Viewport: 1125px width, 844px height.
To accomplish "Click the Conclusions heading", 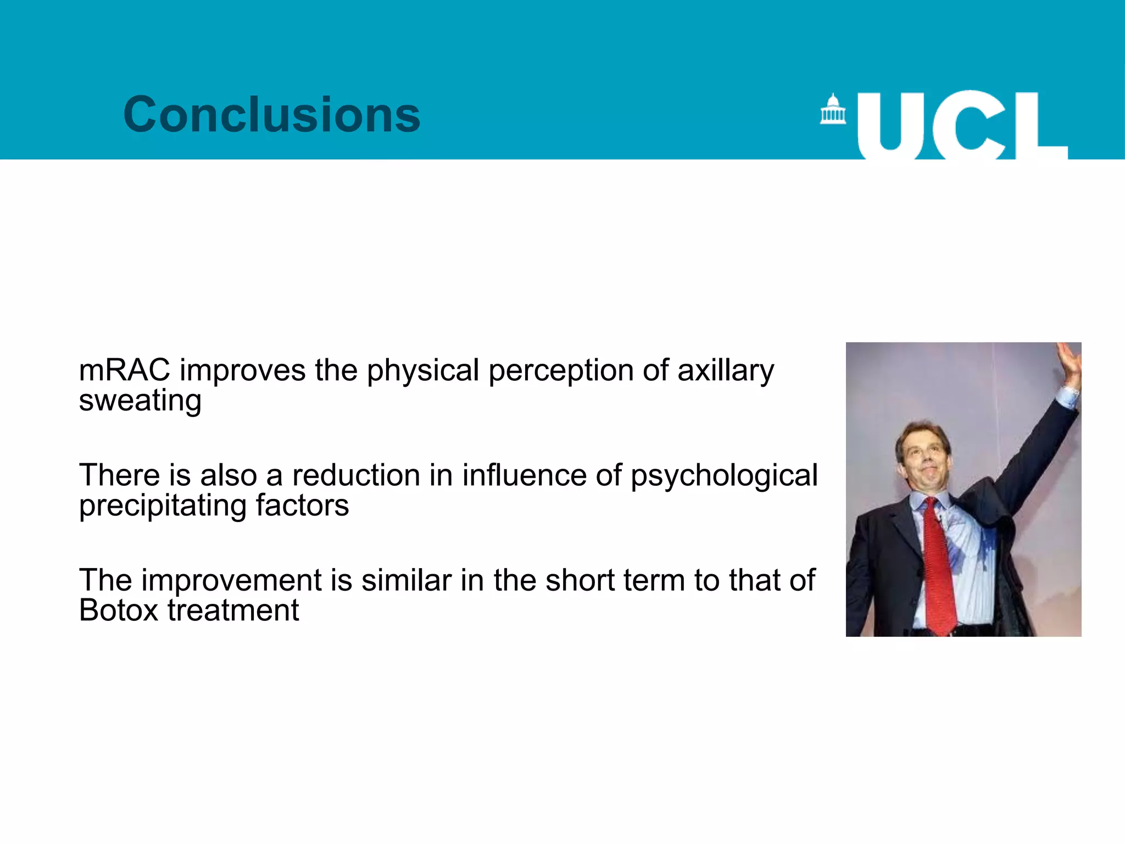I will [272, 114].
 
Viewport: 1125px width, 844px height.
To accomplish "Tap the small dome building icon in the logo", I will [833, 109].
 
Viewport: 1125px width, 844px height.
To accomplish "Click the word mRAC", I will [125, 370].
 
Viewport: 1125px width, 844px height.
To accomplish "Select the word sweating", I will [140, 401].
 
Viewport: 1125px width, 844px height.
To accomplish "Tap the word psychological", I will [724, 476].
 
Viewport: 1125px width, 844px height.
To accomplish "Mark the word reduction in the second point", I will [356, 475].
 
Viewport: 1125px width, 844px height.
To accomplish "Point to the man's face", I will [923, 456].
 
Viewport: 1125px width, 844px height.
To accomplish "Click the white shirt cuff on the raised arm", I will [1067, 397].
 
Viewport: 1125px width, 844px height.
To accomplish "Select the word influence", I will [524, 475].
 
